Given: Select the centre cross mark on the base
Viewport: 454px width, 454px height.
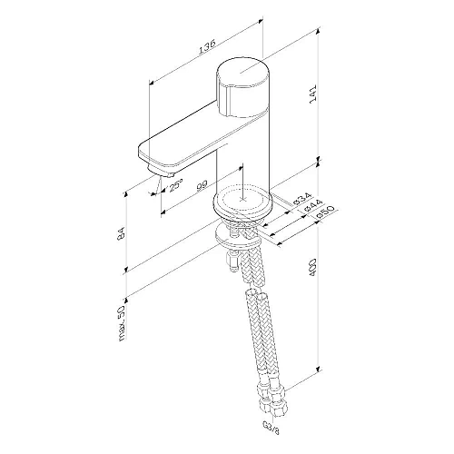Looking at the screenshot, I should [x=242, y=194].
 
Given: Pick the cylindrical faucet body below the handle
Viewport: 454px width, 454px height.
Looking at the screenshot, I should [x=243, y=154].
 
